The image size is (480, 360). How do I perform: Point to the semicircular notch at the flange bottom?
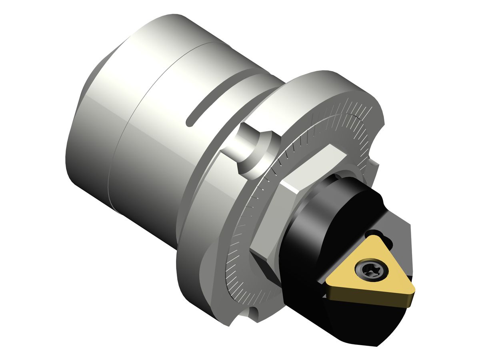(x=253, y=311)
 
